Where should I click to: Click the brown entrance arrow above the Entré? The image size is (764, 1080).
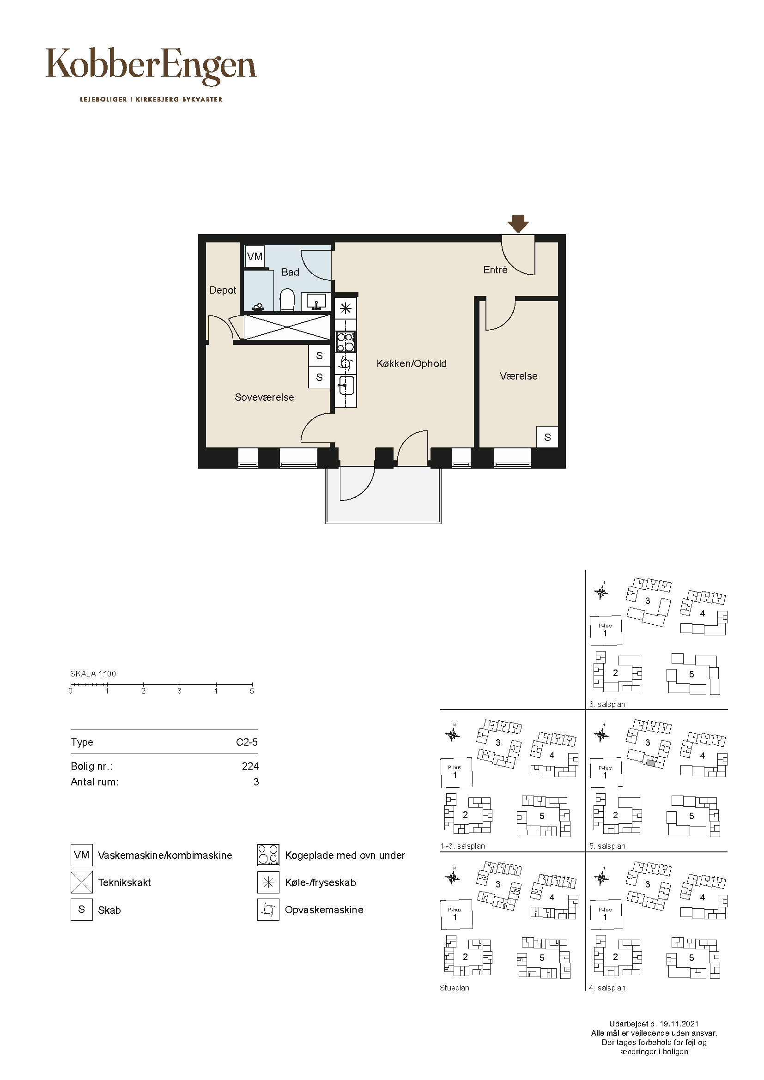pos(518,224)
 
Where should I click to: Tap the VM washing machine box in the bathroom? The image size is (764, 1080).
pos(255,257)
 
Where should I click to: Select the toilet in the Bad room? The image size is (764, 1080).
pos(287,300)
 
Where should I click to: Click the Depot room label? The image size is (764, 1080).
pos(223,290)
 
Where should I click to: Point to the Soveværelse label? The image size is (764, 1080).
pos(264,397)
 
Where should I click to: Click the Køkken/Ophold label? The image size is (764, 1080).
pos(412,363)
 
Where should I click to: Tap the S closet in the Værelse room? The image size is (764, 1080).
pos(547,437)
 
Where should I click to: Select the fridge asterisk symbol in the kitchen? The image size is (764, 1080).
pos(346,308)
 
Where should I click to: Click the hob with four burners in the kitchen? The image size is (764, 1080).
pos(346,342)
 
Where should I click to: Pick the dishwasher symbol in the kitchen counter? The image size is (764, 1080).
pos(346,363)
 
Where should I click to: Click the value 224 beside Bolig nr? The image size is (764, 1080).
pos(250,766)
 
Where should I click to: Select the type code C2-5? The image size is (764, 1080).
pos(247,742)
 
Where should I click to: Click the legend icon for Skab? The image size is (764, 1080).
pos(81,909)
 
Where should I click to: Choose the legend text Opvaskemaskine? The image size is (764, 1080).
pos(324,910)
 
